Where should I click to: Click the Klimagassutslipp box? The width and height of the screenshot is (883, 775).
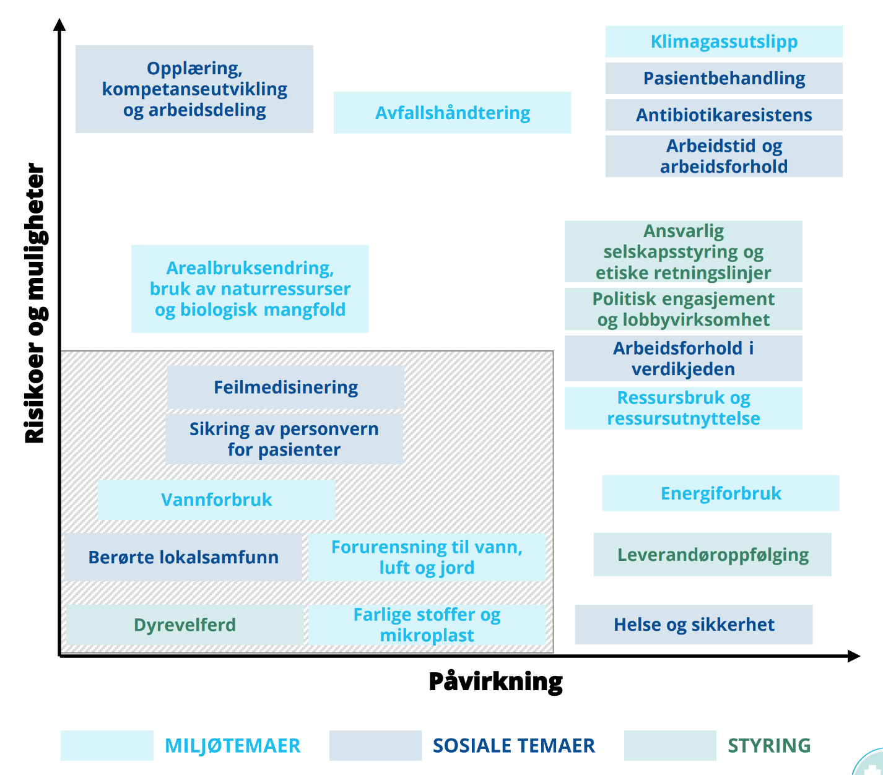tap(724, 41)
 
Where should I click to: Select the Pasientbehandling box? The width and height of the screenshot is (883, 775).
tap(724, 78)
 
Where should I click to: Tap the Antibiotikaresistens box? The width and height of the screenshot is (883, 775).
tap(724, 115)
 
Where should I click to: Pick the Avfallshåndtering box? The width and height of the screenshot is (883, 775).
tap(452, 113)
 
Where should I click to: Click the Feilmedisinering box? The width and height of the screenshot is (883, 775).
tap(285, 387)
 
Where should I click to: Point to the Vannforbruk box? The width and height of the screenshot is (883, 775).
tap(216, 500)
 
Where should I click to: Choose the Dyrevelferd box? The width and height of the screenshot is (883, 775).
tap(185, 625)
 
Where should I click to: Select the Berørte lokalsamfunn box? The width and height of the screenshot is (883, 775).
tap(183, 557)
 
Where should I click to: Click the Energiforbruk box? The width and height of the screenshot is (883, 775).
tap(721, 493)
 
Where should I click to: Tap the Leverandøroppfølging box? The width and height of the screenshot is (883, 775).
tap(713, 555)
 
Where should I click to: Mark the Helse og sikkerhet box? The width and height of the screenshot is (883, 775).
tap(694, 625)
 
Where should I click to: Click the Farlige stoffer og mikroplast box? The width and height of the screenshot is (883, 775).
tap(427, 625)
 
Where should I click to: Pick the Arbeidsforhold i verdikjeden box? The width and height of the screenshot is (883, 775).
tap(683, 358)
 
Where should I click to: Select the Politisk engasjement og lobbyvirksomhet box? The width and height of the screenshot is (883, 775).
tap(683, 309)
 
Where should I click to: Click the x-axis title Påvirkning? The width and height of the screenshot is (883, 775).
tap(495, 682)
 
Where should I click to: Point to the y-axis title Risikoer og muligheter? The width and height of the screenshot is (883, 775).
tap(35, 303)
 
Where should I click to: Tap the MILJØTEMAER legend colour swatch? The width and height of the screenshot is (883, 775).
tap(107, 745)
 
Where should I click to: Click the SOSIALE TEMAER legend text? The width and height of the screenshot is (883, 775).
tap(513, 745)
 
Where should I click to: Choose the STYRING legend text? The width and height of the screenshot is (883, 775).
tap(769, 745)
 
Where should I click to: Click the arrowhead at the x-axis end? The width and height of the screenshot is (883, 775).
tap(854, 656)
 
